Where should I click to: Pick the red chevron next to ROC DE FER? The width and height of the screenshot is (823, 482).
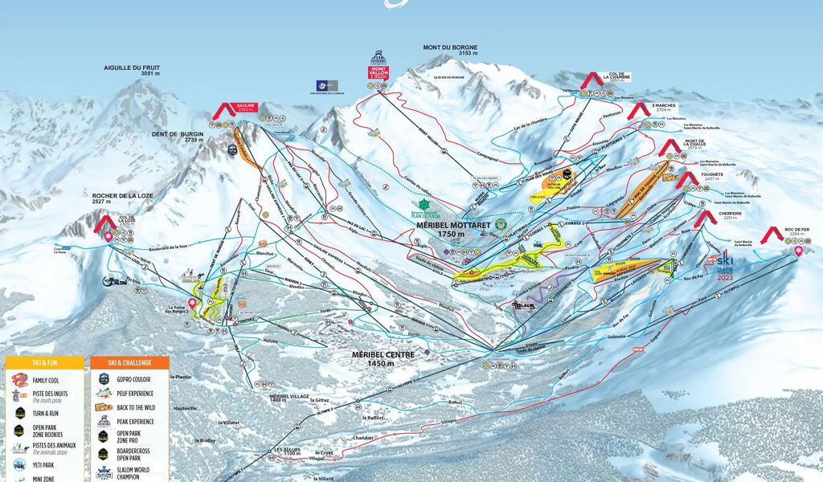click(x=772, y=235)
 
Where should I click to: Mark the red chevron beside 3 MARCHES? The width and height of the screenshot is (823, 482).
click(x=639, y=110)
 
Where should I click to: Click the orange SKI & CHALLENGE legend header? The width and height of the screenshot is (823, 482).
click(x=129, y=363)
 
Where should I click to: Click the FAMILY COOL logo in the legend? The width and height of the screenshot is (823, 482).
click(x=19, y=380)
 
